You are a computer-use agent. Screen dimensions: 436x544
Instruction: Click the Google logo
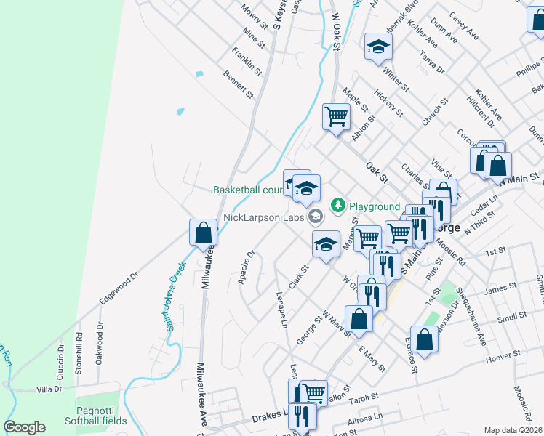click(x=24, y=427)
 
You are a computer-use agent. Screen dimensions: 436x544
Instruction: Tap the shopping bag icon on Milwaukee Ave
click(x=204, y=233)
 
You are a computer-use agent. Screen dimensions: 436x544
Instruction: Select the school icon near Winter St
click(x=378, y=47)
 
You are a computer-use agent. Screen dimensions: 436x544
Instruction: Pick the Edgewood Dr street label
click(x=119, y=289)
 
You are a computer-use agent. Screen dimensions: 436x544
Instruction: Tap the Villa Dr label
click(x=49, y=389)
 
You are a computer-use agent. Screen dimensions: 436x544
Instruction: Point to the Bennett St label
click(x=239, y=84)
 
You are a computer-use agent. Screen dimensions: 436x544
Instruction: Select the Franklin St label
click(x=247, y=60)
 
